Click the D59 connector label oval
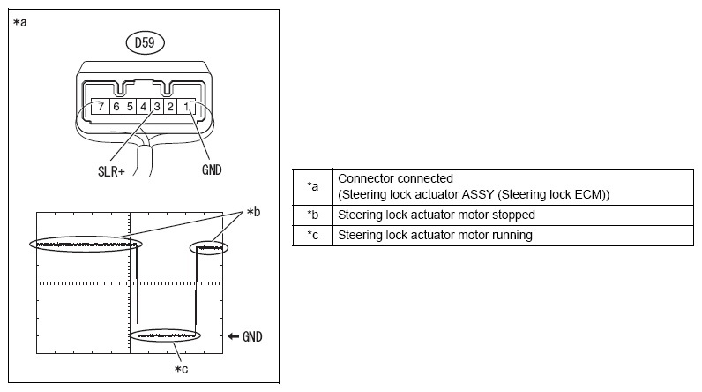(144, 41)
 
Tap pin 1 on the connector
(190, 108)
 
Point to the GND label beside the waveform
(252, 336)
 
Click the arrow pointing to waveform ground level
(233, 336)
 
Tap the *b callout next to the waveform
(256, 212)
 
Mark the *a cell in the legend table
(312, 185)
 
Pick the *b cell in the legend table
(312, 215)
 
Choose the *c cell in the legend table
(312, 235)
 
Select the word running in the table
(512, 235)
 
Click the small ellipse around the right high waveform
(210, 249)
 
